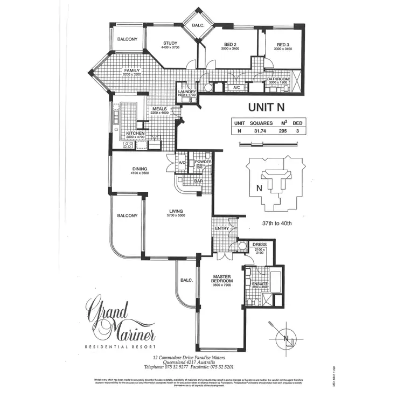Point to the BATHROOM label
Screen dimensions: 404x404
278,79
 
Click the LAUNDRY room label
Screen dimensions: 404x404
187,92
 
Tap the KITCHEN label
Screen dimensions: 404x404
135,133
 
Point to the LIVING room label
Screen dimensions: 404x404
176,211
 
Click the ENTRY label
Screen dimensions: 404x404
221,228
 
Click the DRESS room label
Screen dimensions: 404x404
259,245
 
